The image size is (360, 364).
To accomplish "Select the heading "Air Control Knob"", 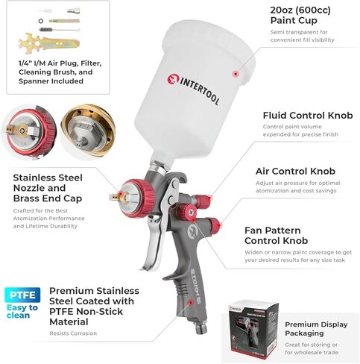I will [x=295, y=171].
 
